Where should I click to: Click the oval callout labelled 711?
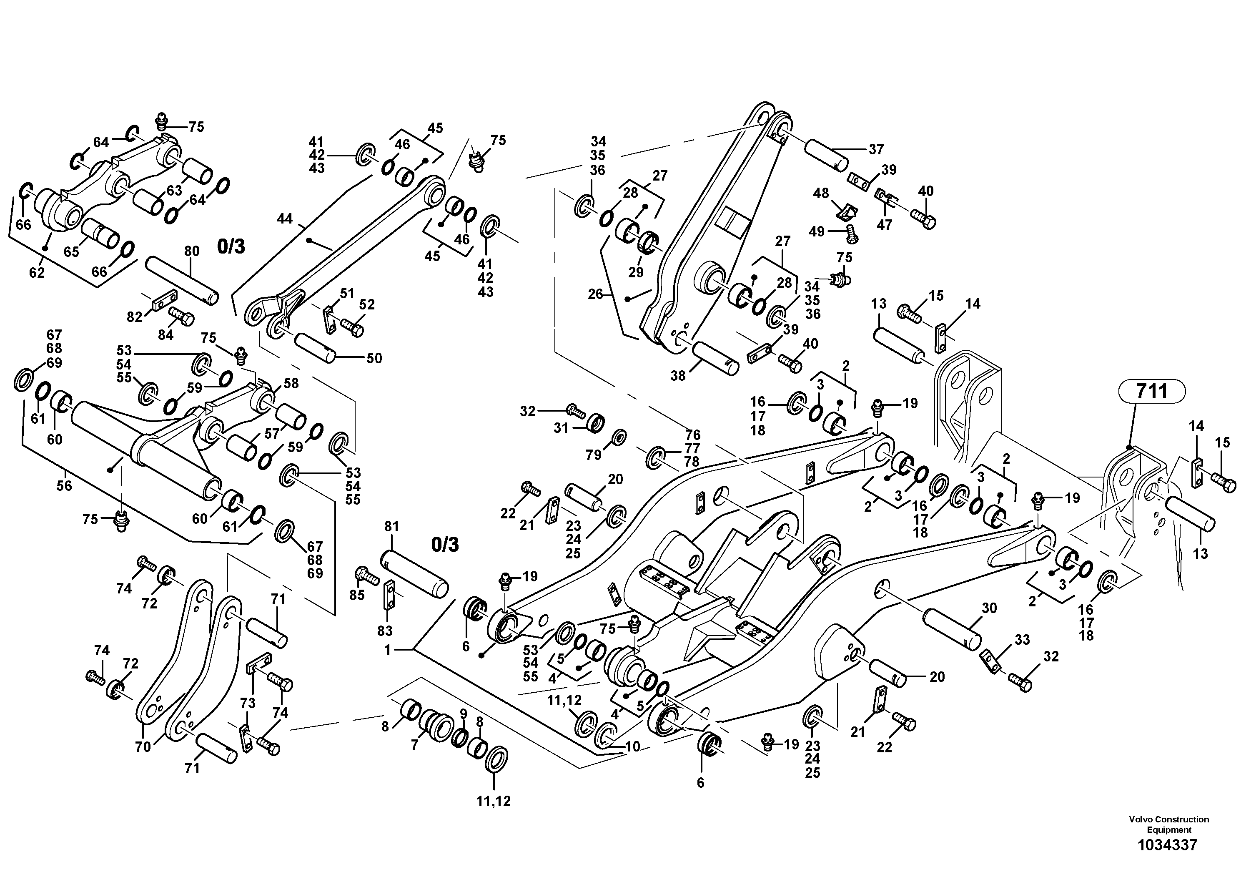1151,390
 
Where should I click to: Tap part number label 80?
192,251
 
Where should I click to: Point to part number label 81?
391,526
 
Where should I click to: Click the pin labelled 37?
825,155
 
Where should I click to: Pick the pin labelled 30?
952,629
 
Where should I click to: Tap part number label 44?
284,219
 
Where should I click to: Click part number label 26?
595,295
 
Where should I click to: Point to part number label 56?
64,485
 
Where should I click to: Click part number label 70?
143,748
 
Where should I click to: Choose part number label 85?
357,595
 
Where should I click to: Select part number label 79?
594,455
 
